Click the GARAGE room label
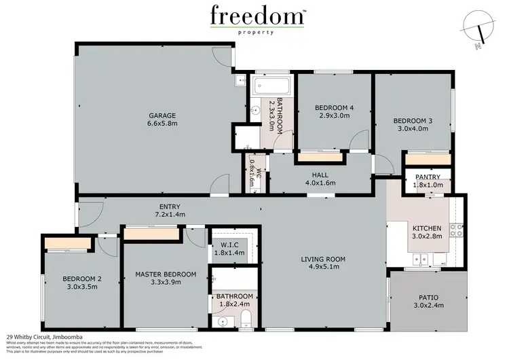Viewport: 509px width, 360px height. coord(163,115)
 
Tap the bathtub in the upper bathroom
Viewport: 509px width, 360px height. coord(272,88)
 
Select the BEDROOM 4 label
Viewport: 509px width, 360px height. coord(334,107)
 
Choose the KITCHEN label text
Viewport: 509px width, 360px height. coord(428,228)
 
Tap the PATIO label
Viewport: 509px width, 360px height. coord(428,296)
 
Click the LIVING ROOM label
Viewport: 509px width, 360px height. coord(324,259)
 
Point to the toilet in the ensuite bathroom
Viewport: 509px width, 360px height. coord(245,319)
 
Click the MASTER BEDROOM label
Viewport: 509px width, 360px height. coord(166,274)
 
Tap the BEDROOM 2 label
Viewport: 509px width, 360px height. coord(82,278)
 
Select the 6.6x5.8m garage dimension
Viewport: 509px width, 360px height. coord(163,124)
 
